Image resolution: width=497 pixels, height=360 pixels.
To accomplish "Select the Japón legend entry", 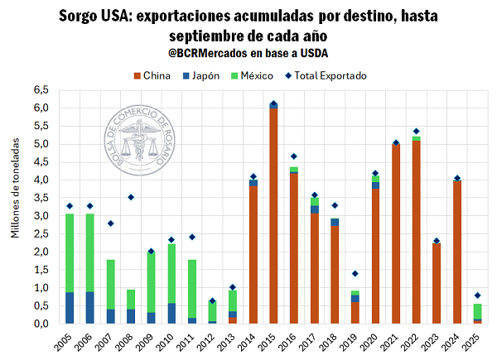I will tap(201, 75).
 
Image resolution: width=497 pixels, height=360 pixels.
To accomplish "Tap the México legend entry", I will tap(252, 75).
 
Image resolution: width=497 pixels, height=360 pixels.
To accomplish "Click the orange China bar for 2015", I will tap(273, 215).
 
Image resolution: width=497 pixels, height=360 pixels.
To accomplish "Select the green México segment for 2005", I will tap(70, 252).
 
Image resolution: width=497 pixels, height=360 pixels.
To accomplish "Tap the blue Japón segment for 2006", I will tap(90, 307).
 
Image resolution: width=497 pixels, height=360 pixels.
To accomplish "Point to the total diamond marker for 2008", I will tap(131, 197).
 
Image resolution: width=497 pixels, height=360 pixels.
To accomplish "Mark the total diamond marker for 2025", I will tap(476, 295).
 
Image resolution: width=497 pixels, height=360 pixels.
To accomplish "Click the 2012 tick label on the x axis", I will tap(212, 340).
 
